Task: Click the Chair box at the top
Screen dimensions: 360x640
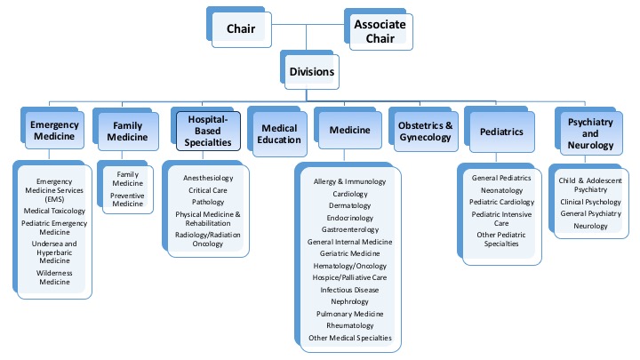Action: (241, 29)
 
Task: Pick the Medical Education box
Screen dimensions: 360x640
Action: (280, 132)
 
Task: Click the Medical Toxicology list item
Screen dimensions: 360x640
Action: (55, 212)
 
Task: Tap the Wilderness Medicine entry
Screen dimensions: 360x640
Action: (55, 278)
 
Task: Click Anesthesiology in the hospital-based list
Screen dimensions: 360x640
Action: (208, 178)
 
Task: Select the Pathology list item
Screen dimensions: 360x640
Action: (208, 204)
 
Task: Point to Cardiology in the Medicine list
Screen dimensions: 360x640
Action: (350, 194)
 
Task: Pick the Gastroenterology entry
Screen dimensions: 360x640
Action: (350, 229)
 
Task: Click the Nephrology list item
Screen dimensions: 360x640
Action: (350, 301)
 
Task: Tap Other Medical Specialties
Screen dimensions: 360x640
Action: (350, 338)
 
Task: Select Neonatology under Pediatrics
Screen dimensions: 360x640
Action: (501, 190)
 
